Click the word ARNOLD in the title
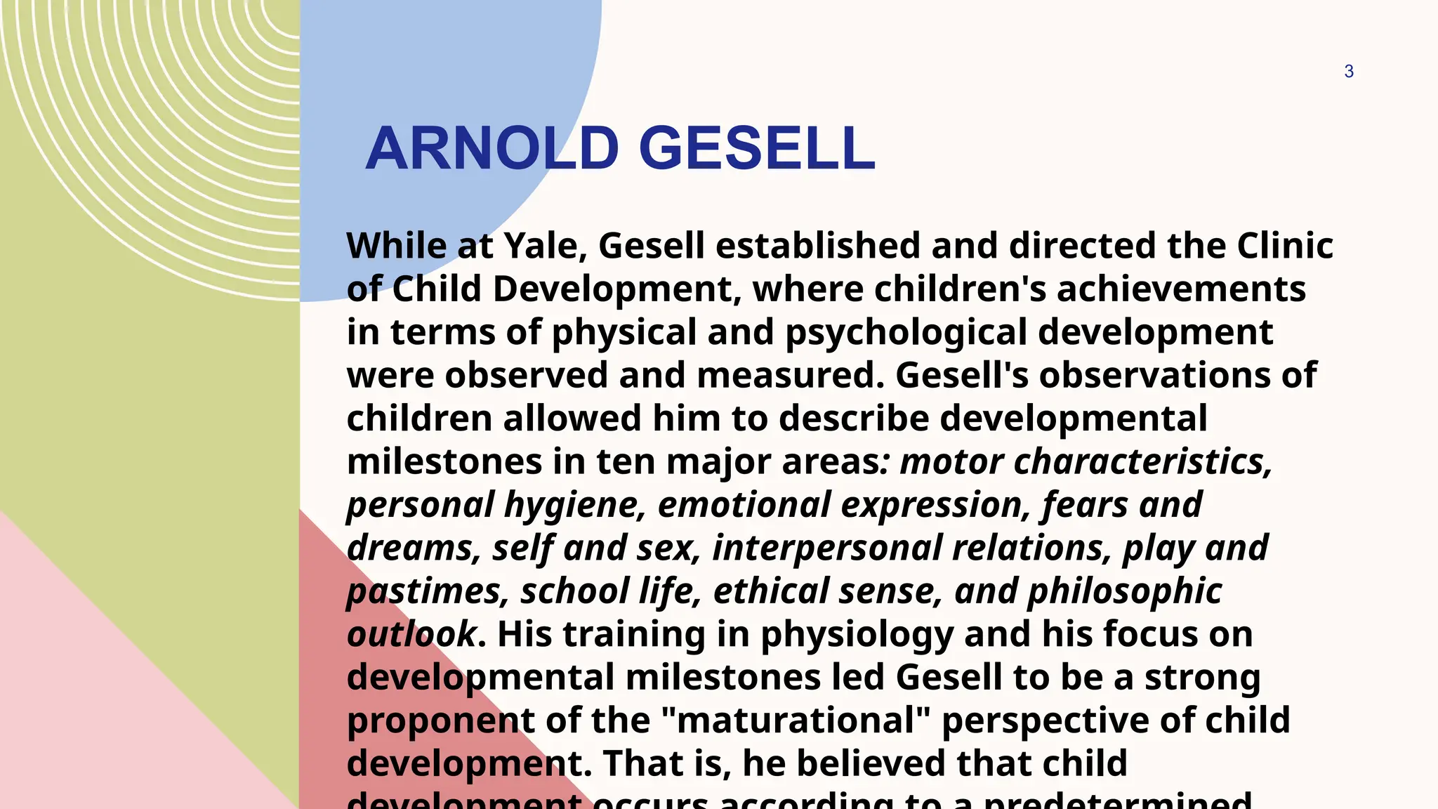[492, 148]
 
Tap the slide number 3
[1348, 72]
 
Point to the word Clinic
[1284, 246]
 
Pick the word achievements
[1181, 289]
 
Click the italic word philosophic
[1124, 591]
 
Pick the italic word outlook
[411, 634]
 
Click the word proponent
[440, 721]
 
